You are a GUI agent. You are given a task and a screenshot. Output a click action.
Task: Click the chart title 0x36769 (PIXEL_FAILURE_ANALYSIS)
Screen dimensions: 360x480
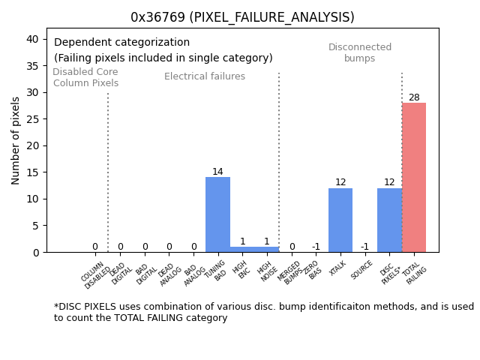[x=242, y=17]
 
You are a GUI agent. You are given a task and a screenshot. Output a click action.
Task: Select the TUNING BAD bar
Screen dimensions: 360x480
[x=217, y=214]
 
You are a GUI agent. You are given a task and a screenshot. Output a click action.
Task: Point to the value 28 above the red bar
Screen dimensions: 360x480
[x=414, y=97]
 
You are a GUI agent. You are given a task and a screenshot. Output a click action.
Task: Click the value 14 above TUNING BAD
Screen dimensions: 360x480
[x=217, y=172]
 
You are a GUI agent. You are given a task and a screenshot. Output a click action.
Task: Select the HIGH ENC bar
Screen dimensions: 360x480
[x=242, y=249]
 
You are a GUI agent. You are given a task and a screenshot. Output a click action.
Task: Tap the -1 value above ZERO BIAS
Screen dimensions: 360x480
[x=316, y=247]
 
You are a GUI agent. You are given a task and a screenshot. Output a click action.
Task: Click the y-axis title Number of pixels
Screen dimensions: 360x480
[x=16, y=140]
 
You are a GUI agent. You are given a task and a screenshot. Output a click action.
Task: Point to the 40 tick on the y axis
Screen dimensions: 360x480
[x=33, y=39]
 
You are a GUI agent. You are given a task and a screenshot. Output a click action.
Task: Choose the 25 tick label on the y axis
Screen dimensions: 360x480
[x=33, y=119]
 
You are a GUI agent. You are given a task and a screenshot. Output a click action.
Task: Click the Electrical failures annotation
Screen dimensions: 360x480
[x=205, y=76]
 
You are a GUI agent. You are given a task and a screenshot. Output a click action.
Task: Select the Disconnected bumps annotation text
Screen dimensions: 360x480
[x=360, y=53]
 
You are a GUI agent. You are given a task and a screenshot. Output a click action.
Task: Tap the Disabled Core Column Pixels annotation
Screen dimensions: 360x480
[x=85, y=77]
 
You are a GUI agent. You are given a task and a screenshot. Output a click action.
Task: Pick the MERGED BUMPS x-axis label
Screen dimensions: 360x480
[x=291, y=272]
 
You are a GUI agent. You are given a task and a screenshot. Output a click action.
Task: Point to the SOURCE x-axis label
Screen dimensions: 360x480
[x=362, y=270]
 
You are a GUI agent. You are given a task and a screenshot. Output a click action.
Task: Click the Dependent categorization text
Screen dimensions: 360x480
[x=121, y=43]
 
